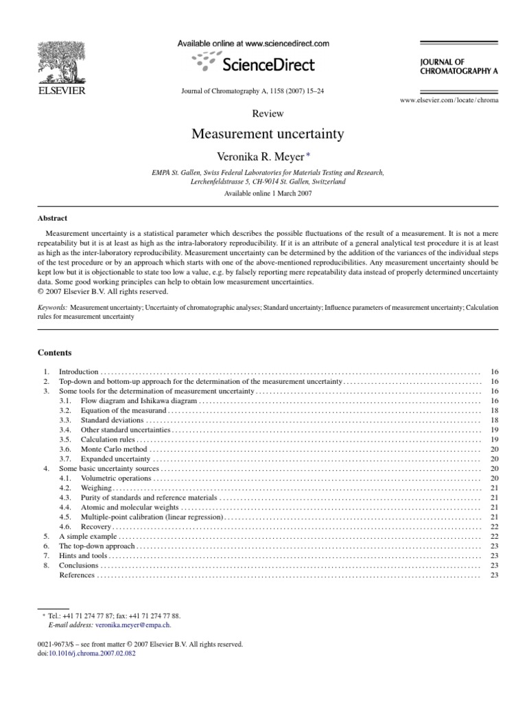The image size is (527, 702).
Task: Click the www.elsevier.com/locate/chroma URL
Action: click(449, 100)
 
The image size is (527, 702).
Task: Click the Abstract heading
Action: click(52, 218)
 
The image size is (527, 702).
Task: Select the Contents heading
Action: click(54, 352)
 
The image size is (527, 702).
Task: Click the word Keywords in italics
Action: click(54, 308)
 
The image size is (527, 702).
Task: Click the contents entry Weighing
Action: click(96, 487)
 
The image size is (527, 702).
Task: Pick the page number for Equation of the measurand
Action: click(494, 410)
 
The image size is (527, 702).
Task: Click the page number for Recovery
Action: click(494, 526)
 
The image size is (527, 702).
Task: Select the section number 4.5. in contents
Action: click(66, 516)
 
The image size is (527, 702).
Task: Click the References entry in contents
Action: click(77, 574)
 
